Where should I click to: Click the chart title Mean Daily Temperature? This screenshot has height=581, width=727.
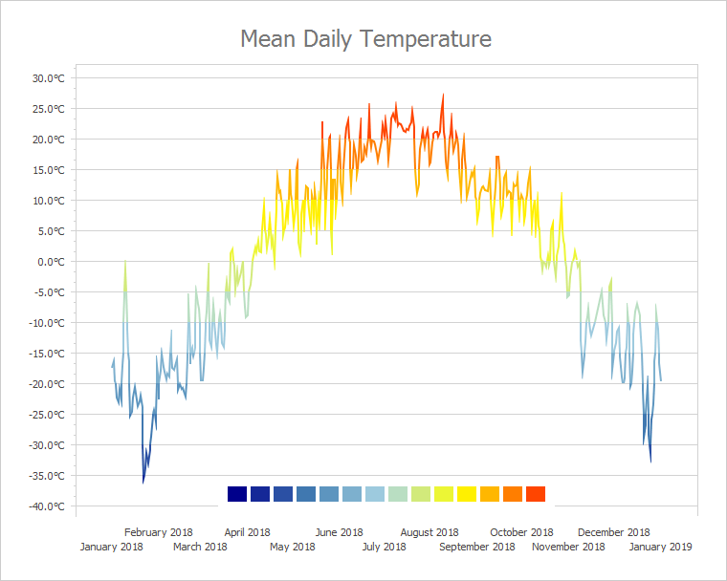point(365,39)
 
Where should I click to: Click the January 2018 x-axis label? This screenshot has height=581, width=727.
point(112,548)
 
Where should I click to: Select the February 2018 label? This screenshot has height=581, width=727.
point(159,532)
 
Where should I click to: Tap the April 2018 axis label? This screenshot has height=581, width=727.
point(248,532)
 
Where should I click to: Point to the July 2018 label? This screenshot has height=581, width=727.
point(384,548)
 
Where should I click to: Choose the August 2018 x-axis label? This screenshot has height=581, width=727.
point(430,532)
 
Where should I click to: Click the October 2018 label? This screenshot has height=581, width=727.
point(522,532)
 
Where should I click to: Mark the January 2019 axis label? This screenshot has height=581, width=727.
point(660,548)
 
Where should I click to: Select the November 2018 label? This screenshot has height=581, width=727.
point(568,548)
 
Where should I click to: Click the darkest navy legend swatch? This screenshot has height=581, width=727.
point(237,494)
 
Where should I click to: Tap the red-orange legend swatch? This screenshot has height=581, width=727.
point(536,494)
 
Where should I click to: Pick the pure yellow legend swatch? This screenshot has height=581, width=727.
point(467,494)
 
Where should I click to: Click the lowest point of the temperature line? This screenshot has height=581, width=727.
point(143,483)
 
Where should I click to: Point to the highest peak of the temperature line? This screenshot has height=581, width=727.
point(443,95)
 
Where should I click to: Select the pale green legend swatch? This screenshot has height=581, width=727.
point(398,494)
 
